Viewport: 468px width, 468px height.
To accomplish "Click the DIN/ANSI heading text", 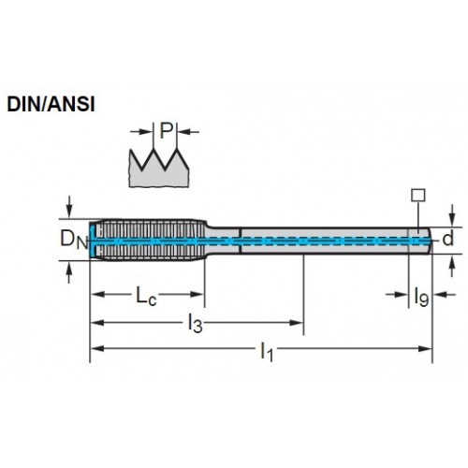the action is [51, 104].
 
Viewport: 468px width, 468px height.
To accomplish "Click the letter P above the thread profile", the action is [166, 131].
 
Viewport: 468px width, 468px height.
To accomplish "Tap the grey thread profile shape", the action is [159, 171].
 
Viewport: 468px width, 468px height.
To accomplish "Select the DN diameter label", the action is [75, 240].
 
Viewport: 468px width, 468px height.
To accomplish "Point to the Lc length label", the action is [146, 295].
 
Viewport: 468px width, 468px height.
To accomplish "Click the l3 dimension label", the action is [195, 323].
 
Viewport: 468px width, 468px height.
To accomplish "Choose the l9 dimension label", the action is [421, 297].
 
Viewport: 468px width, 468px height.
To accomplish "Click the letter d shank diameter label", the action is [448, 239].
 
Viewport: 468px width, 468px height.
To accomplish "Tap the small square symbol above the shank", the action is [417, 195].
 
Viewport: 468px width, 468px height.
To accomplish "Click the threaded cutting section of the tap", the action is [148, 240].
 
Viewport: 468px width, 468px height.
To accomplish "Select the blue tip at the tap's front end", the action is [92, 240].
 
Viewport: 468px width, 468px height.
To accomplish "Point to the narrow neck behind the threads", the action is [223, 241].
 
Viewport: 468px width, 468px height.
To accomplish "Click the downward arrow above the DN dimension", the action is [69, 207].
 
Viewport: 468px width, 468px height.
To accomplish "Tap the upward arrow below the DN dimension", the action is [69, 271].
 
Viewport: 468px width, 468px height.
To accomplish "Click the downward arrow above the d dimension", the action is [452, 215].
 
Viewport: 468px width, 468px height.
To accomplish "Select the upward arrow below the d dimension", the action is [452, 266].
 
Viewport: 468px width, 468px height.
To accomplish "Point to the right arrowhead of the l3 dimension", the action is [297, 323].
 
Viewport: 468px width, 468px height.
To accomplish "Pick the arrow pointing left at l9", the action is [445, 294].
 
